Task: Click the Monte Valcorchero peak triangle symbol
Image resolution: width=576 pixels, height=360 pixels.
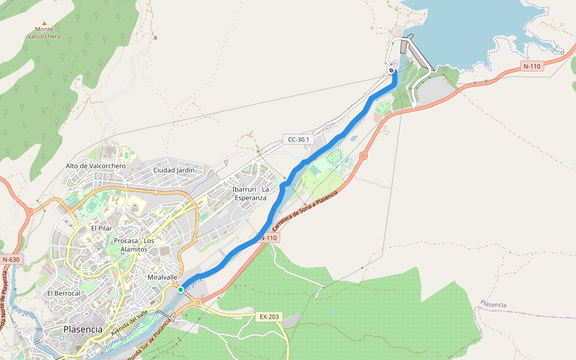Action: [x=44, y=23]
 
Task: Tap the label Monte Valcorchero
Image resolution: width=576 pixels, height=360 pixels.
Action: [x=44, y=32]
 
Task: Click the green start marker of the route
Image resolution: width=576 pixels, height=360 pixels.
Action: [x=180, y=290]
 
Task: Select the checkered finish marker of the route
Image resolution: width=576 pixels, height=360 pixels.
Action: [x=391, y=71]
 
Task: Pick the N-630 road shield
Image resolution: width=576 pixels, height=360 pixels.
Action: [x=11, y=260]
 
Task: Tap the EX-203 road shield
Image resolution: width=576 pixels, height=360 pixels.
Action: [x=268, y=316]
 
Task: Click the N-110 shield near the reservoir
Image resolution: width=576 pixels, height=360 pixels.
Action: [x=531, y=67]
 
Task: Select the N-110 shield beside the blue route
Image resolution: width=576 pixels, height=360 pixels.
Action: [x=268, y=238]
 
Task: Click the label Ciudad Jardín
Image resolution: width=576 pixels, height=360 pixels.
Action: [x=174, y=170]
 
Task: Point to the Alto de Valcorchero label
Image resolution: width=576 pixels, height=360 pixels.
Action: [x=96, y=166]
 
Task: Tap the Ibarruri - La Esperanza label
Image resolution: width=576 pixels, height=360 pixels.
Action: [x=251, y=193]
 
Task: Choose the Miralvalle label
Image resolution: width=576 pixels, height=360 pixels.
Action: [x=162, y=277]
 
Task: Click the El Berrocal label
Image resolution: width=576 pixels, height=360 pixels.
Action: [x=64, y=293]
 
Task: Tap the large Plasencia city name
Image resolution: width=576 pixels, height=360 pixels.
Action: [x=83, y=329]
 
